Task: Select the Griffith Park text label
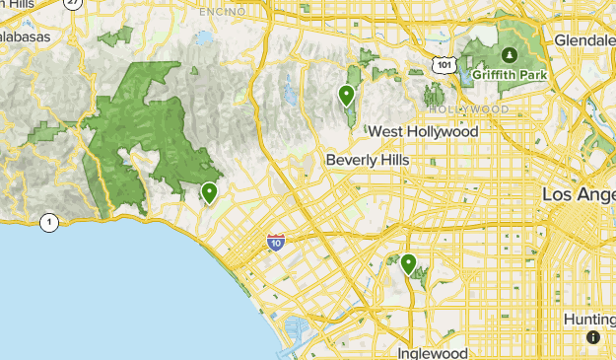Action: point(506,73)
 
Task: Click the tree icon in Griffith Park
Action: point(510,54)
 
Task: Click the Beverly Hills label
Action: point(367,160)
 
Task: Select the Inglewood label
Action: point(433,352)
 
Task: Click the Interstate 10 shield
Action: point(277,242)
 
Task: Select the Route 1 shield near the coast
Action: point(49,222)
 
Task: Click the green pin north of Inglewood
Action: point(408,263)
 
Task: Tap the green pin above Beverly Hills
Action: point(346,95)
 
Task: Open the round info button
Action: point(592,337)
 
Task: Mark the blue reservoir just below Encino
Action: point(204,38)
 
